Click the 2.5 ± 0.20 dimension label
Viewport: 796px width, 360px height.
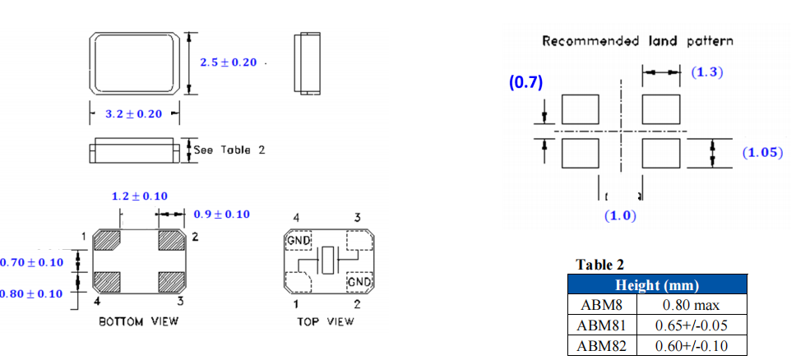(229, 63)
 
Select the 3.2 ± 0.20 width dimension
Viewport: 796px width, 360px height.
(133, 114)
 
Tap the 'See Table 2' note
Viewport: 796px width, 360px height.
(229, 150)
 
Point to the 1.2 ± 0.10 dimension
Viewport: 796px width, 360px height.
(139, 196)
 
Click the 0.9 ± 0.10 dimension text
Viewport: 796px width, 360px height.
(221, 215)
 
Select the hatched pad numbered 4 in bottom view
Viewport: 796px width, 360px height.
(108, 282)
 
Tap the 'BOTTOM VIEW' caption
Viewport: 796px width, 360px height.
(139, 321)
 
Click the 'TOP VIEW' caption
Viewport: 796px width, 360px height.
(326, 321)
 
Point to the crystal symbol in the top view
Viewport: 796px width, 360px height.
(327, 261)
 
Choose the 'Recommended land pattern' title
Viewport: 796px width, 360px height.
(637, 41)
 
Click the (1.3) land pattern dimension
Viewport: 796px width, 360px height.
(706, 72)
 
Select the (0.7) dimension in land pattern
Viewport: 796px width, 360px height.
(525, 83)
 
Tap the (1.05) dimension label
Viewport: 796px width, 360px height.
(761, 153)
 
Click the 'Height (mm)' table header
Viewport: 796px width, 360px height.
(657, 286)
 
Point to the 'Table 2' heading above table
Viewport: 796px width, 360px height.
(599, 265)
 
